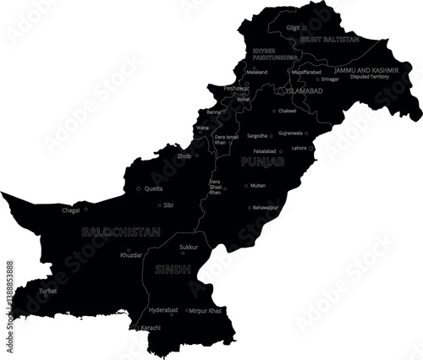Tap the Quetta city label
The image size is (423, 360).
pos(154,188)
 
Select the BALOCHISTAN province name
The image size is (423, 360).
pos(120,230)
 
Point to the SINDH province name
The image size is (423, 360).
pos(172,270)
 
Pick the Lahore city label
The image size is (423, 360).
pos(299,148)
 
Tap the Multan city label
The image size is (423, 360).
pos(258,185)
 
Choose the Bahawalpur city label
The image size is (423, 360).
pos(266,206)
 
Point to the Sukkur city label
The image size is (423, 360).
pos(189,248)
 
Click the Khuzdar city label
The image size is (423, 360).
pos(131,254)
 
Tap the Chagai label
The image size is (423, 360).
pos(70,210)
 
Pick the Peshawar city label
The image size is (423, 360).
pos(236,88)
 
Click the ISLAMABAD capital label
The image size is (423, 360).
pos(304,90)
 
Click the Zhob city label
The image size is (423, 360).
pos(184,155)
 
